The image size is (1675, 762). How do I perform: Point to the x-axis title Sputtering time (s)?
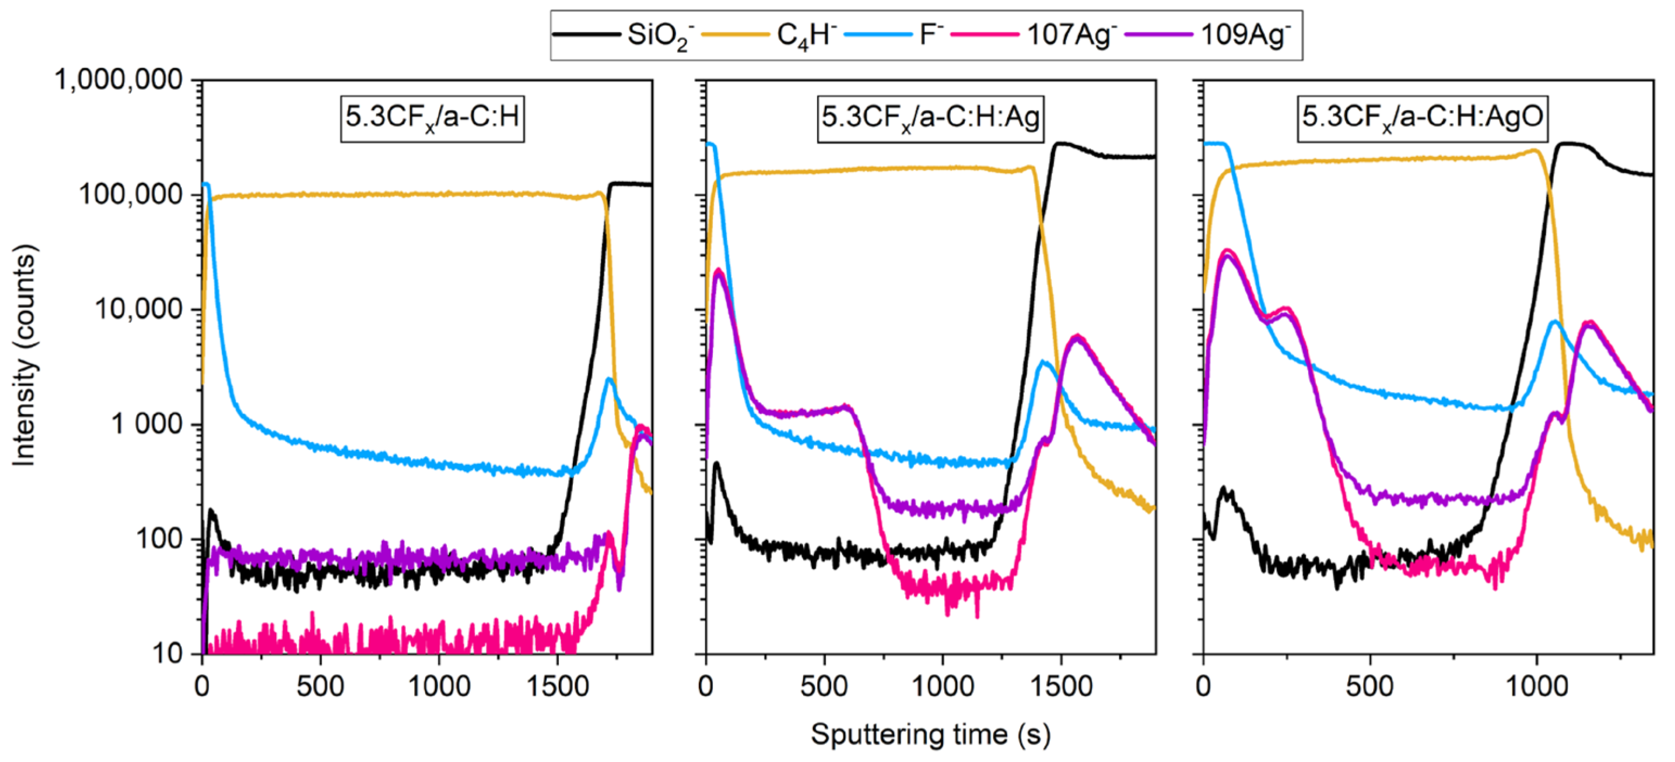pos(930,735)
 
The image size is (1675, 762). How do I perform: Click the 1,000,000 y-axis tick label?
pos(119,80)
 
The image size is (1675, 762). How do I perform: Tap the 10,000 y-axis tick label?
pos(138,309)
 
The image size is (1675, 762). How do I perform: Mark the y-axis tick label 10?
pos(168,653)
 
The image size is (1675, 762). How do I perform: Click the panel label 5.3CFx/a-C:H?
pos(432,118)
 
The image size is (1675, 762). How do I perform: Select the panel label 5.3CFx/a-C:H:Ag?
pos(930,118)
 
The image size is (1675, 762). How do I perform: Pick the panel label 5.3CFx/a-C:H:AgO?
pos(1422,118)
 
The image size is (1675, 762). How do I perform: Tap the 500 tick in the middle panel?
pos(824,687)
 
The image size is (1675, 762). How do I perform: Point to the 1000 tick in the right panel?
pos(1537,687)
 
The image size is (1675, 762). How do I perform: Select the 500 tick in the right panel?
pos(1369,687)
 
